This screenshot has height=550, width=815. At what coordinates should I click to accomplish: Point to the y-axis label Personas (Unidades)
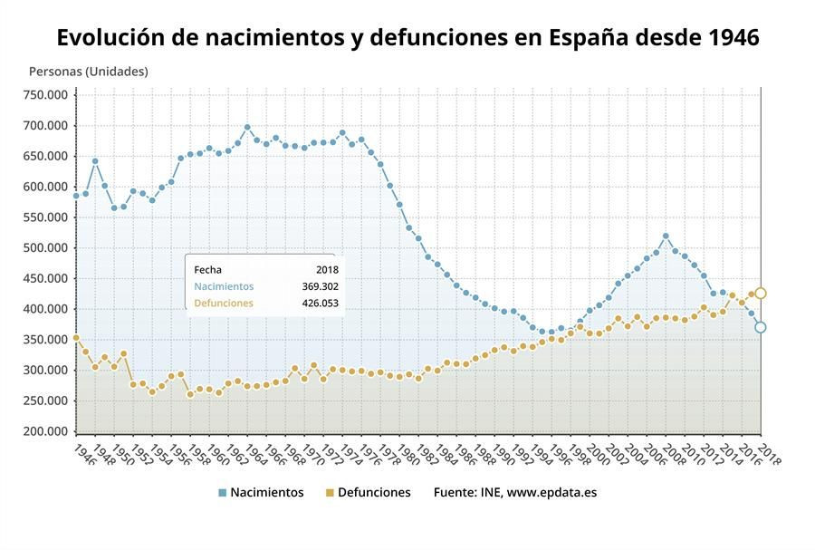point(88,71)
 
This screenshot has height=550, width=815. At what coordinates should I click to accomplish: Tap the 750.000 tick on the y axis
point(45,95)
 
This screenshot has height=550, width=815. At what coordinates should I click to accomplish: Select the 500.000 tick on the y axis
point(45,248)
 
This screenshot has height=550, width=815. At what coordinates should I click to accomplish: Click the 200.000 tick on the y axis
point(45,432)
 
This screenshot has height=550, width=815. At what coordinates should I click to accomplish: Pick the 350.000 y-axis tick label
point(45,340)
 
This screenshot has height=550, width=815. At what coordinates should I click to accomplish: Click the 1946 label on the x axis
point(82,452)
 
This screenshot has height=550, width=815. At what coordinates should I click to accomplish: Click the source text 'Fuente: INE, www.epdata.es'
point(514,493)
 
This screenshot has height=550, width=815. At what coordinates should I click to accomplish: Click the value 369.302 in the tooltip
point(320,286)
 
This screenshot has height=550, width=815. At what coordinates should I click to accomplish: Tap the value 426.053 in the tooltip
point(320,304)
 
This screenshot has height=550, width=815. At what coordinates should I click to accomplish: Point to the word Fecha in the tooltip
point(207,270)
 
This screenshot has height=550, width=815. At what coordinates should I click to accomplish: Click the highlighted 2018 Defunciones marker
point(761,294)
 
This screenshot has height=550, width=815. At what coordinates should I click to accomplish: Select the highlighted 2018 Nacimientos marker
point(761,327)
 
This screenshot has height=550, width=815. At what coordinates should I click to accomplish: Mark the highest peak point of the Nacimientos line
point(247,128)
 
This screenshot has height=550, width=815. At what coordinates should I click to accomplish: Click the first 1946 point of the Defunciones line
point(76,338)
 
